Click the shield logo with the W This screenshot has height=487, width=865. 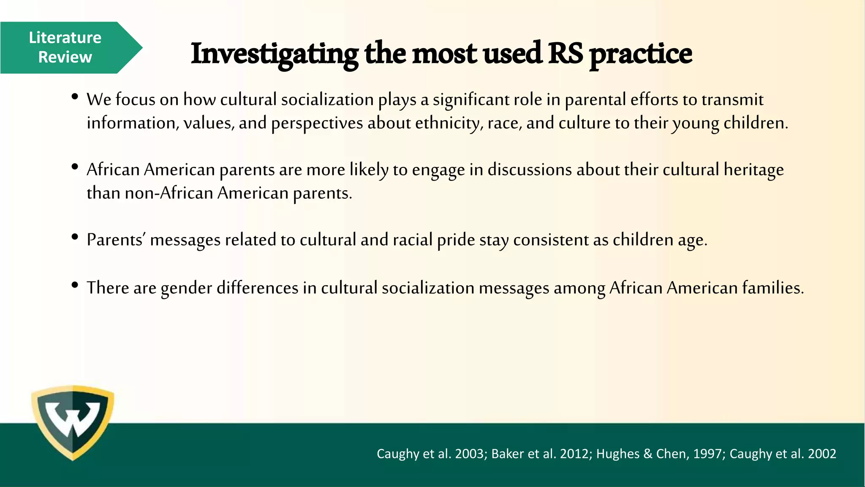73,422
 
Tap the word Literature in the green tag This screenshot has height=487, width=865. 65,38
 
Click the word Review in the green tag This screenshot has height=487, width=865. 65,57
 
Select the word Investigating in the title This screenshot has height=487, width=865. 275,54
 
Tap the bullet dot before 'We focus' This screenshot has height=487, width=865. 75,97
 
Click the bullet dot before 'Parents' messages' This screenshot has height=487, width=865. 75,237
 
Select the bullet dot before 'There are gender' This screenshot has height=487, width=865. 75,285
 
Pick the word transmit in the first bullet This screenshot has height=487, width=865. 732,100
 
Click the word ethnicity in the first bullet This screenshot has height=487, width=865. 449,123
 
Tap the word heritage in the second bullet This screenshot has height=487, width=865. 754,170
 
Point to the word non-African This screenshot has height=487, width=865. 169,193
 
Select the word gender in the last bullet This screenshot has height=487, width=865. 186,288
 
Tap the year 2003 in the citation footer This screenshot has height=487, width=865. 469,454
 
